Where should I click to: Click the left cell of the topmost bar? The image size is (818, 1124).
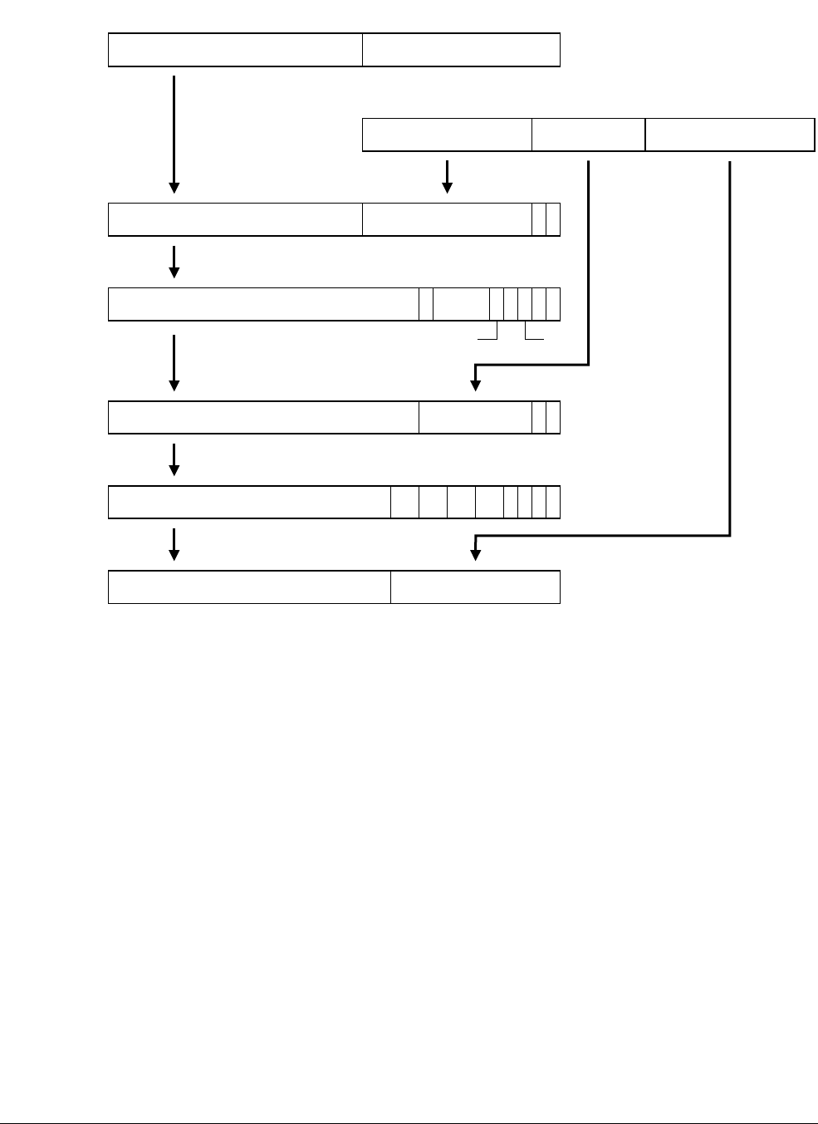(x=235, y=50)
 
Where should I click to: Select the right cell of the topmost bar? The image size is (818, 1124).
(x=461, y=50)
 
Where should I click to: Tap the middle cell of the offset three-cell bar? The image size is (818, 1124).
(x=588, y=135)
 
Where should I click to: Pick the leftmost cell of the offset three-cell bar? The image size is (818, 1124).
(x=447, y=135)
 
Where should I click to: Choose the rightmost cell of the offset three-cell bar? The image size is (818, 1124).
(x=729, y=135)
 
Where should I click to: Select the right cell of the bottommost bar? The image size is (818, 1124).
(x=475, y=587)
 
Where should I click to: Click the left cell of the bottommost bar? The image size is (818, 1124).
(x=249, y=587)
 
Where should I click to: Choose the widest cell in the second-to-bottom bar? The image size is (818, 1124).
(x=249, y=503)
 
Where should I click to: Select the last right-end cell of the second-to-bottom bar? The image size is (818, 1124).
(x=553, y=503)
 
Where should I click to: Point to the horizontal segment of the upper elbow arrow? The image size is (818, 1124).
(x=531, y=364)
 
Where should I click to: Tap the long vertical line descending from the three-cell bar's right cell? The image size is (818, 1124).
(x=730, y=349)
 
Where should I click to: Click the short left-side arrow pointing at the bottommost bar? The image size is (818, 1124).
(x=174, y=544)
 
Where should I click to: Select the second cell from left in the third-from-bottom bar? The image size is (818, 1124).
(x=475, y=417)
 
